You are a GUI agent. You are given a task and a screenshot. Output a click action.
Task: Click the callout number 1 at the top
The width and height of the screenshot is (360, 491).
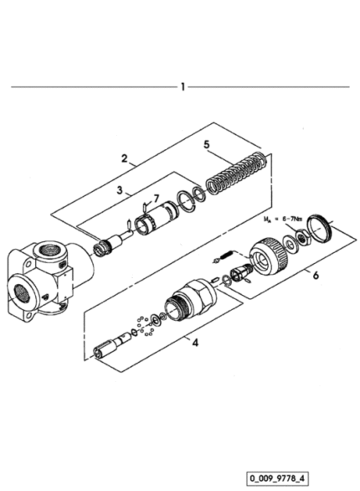183,87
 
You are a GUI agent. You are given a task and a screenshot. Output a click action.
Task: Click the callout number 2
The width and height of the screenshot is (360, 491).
125,158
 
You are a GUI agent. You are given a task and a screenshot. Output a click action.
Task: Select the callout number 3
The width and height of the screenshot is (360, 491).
120,190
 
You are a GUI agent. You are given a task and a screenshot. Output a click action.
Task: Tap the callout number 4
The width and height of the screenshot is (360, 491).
195,343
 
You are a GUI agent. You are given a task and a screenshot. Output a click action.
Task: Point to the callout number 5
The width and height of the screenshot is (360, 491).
207,145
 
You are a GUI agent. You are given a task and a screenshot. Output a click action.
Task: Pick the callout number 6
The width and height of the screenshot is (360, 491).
316,276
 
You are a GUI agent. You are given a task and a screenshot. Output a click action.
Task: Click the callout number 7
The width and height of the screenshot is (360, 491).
156,199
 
